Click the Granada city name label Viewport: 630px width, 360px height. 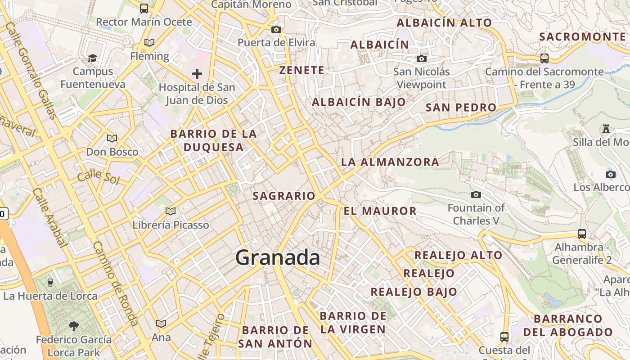point(278,258)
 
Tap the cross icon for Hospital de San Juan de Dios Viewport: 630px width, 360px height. point(197,74)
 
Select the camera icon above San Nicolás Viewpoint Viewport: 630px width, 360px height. point(422,59)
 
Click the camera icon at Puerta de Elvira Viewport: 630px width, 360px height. point(276,30)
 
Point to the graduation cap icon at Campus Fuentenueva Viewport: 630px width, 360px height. point(92,58)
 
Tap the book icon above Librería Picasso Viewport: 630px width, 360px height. point(171,211)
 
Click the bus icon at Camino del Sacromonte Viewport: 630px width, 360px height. point(544,58)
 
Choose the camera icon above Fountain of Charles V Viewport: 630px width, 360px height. point(476,195)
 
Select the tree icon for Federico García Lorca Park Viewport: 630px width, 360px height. point(74,326)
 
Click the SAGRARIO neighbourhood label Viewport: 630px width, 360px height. point(284,196)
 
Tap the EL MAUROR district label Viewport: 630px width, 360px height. point(380,211)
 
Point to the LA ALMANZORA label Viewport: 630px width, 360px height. point(390,162)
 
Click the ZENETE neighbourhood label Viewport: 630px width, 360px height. point(301,70)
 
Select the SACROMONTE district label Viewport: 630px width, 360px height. point(582,37)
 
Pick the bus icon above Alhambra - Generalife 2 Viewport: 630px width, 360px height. point(582,234)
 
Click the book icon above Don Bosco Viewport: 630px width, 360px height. point(112,139)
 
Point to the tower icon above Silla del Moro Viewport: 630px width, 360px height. point(606,129)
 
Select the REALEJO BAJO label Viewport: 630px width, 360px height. point(414,292)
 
